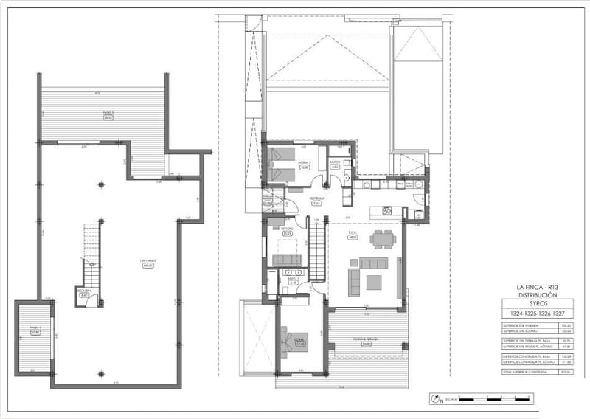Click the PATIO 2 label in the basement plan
pos(108,114)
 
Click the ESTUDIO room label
pos(287,230)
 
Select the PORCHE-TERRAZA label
pos(366,340)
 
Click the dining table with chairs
pos(382,239)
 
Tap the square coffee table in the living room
pos(375,281)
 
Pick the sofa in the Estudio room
pos(287,260)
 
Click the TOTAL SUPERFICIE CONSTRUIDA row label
pos(522,371)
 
